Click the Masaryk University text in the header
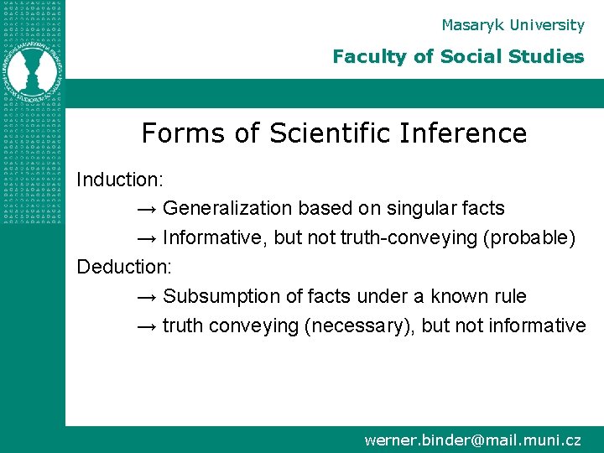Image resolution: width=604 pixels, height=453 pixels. pyautogui.click(x=513, y=25)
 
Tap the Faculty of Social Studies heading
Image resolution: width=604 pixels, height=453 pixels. pyautogui.click(x=458, y=57)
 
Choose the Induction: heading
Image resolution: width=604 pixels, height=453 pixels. pyautogui.click(x=120, y=180)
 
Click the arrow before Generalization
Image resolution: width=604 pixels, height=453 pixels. pyautogui.click(x=146, y=208)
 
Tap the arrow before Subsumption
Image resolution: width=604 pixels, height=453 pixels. pyautogui.click(x=146, y=296)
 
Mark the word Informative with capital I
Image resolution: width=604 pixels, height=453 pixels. pyautogui.click(x=213, y=237)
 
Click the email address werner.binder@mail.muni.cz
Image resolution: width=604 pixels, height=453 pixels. pyautogui.click(x=472, y=440)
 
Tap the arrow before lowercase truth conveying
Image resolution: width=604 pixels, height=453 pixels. pyautogui.click(x=146, y=325)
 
